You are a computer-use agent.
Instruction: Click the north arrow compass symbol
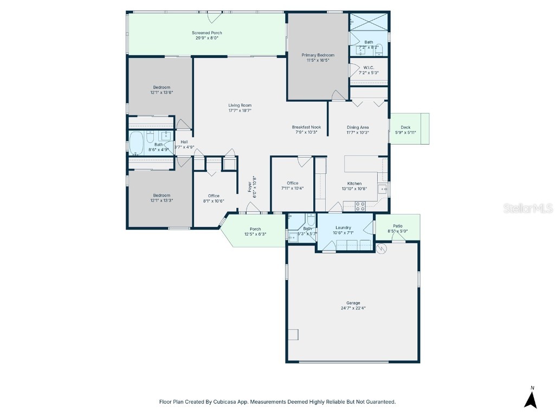[531, 398]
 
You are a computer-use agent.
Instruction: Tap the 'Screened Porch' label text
[206, 33]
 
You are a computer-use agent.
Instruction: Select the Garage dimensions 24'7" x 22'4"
[353, 308]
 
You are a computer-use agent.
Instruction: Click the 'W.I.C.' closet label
[369, 68]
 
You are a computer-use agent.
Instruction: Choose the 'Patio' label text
[398, 226]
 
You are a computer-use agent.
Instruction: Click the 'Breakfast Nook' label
[306, 127]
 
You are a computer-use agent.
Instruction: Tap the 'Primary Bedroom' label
[318, 55]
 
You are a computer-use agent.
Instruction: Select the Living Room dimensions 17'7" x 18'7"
[240, 110]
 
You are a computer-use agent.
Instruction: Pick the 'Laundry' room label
[343, 228]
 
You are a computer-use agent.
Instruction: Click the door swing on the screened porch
[215, 17]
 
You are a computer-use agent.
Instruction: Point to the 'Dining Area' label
[358, 127]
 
